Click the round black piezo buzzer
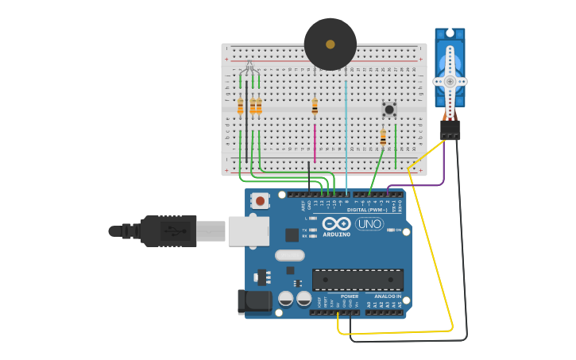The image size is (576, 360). [330, 45]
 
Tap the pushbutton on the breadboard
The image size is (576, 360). [389, 109]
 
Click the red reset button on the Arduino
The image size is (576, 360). [260, 201]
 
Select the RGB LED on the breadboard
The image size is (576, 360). [249, 69]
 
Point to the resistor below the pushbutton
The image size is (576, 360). [383, 137]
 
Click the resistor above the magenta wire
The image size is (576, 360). [315, 106]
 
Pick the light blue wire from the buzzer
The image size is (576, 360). [346, 135]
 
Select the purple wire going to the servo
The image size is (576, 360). [421, 185]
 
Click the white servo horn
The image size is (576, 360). [450, 80]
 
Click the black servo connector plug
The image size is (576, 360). [450, 130]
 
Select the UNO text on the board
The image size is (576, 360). [369, 223]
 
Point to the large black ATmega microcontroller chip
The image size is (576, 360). [358, 280]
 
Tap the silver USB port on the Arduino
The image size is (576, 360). [249, 230]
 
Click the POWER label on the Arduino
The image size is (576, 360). [350, 296]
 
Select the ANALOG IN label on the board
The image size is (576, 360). [388, 296]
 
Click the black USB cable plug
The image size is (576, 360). [167, 230]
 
